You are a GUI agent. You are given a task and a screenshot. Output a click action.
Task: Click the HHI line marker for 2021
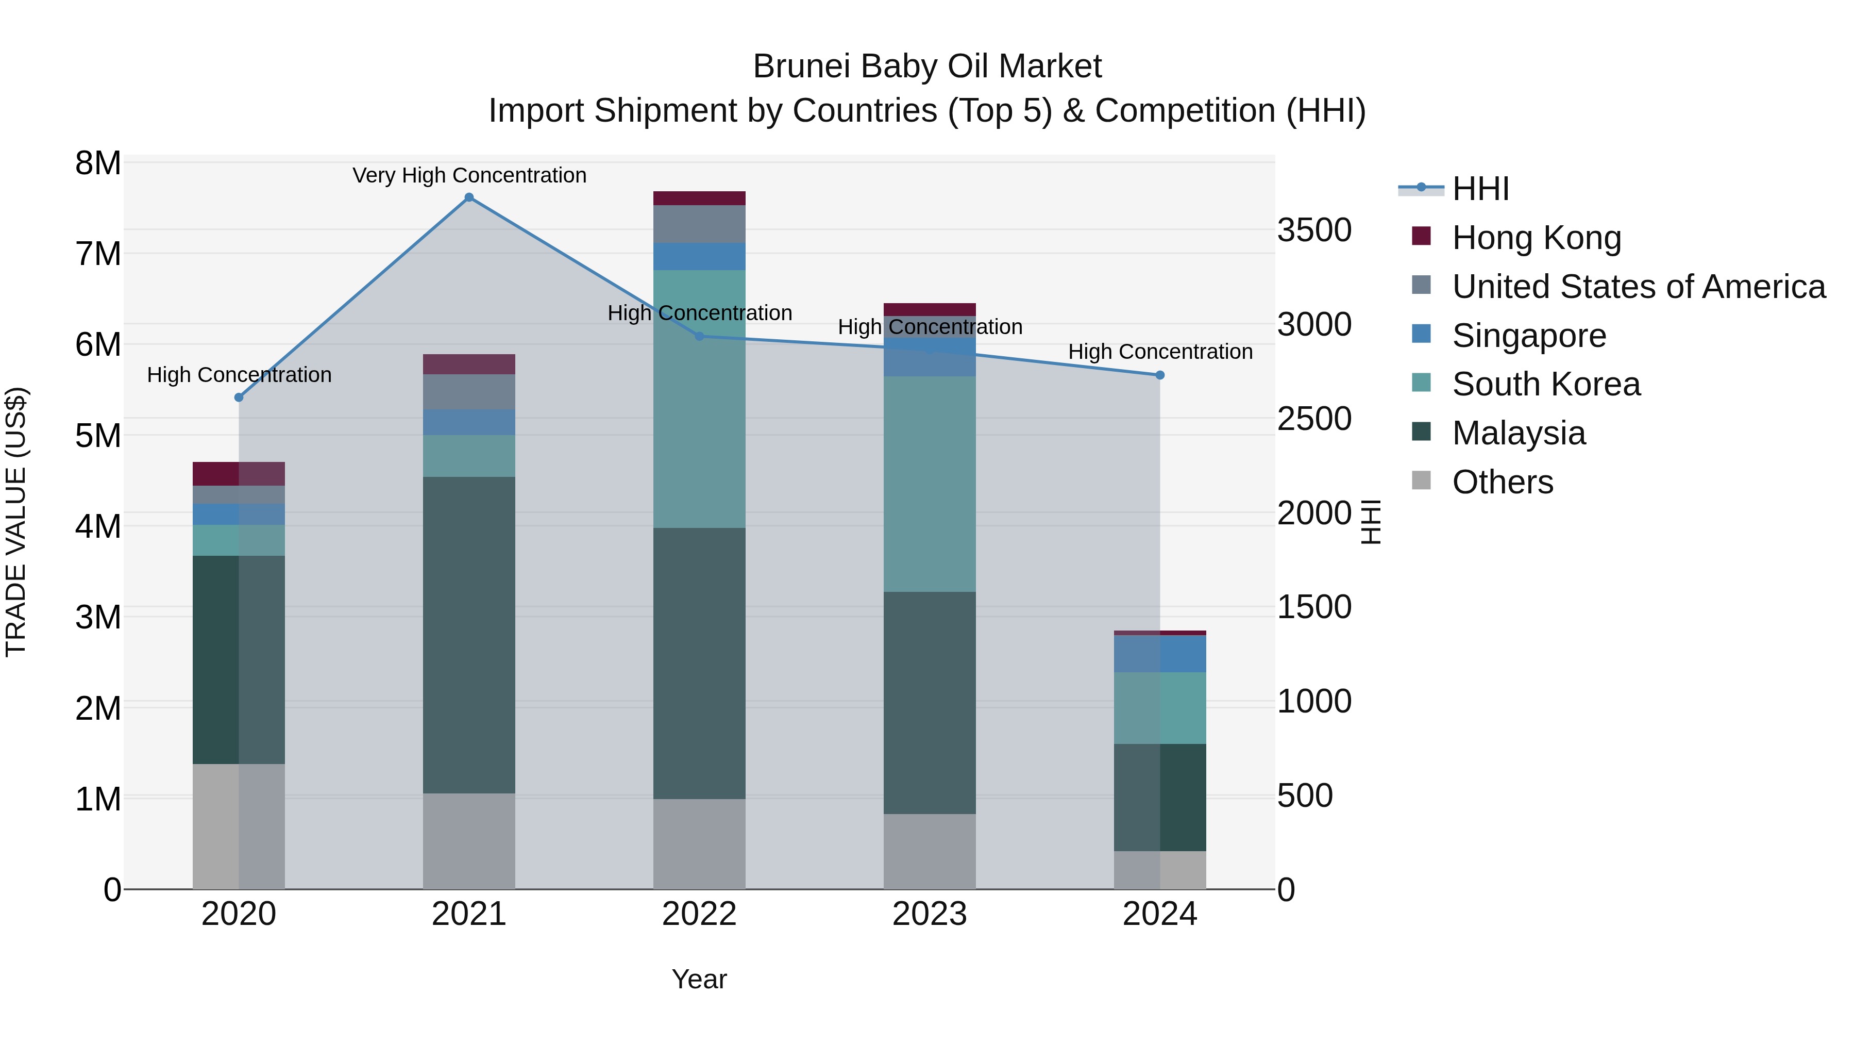469,197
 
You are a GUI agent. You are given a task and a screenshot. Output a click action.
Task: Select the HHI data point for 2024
1159,375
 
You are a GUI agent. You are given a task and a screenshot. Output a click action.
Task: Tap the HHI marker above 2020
239,397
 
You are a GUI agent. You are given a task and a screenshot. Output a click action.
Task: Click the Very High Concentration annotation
469,175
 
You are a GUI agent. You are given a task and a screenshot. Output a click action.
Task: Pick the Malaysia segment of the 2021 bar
469,634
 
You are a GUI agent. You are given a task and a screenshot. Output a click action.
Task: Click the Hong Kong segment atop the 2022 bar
699,198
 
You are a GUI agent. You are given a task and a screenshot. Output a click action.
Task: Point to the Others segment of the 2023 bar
929,852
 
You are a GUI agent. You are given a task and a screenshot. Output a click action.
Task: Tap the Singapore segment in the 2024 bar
1159,654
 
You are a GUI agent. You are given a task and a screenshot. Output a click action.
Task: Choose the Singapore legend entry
1528,336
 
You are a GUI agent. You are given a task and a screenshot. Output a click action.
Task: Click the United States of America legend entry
1638,287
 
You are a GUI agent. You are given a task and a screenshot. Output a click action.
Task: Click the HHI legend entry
1480,189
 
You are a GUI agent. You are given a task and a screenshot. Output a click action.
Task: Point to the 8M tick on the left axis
98,163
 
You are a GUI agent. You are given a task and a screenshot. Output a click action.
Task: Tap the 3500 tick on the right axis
1314,230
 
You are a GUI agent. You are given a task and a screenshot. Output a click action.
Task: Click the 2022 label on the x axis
699,914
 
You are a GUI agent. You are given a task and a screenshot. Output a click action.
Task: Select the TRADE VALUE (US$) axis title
16,522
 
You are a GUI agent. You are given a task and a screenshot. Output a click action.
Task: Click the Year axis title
699,979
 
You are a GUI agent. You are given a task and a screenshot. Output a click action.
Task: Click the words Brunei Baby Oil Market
927,67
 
